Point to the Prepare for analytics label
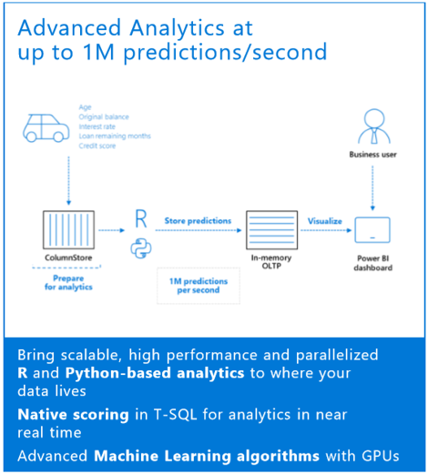69,283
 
